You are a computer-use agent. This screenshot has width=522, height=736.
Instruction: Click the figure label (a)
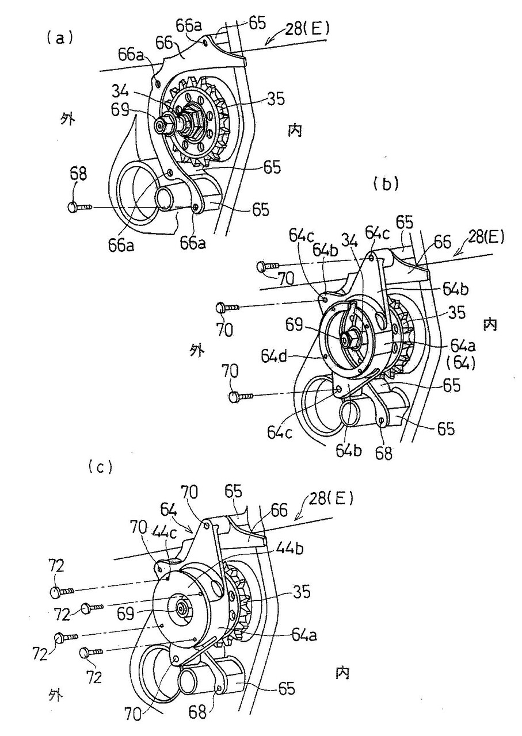[x=59, y=39]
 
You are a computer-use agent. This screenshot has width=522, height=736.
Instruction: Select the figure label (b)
[x=386, y=185]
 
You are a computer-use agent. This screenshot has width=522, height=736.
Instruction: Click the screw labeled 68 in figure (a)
[x=80, y=208]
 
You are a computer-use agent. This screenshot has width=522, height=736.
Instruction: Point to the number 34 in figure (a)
[x=121, y=91]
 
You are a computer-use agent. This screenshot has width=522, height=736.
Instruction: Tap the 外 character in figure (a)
[x=67, y=119]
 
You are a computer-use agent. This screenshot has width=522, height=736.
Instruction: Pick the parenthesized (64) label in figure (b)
[x=460, y=364]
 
